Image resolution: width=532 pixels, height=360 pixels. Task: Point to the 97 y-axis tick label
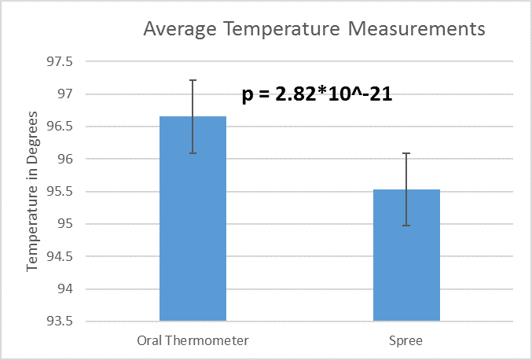tap(63, 94)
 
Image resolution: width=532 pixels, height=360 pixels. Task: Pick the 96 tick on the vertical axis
tap(63, 160)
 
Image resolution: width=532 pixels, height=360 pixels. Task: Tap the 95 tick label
tap(63, 224)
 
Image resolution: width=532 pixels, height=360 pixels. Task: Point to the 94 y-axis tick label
tap(63, 289)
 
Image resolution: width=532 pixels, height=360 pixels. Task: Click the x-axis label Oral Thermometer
tap(193, 342)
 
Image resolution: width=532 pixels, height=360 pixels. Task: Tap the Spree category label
tap(406, 342)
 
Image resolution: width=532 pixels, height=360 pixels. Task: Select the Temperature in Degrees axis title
tap(32, 192)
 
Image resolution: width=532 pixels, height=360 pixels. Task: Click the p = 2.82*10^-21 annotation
tap(317, 95)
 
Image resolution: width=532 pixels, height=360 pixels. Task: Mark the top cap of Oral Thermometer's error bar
tap(193, 80)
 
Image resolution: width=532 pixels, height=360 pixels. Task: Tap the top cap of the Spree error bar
tap(406, 154)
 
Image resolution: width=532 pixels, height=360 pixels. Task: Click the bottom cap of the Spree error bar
tap(406, 226)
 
